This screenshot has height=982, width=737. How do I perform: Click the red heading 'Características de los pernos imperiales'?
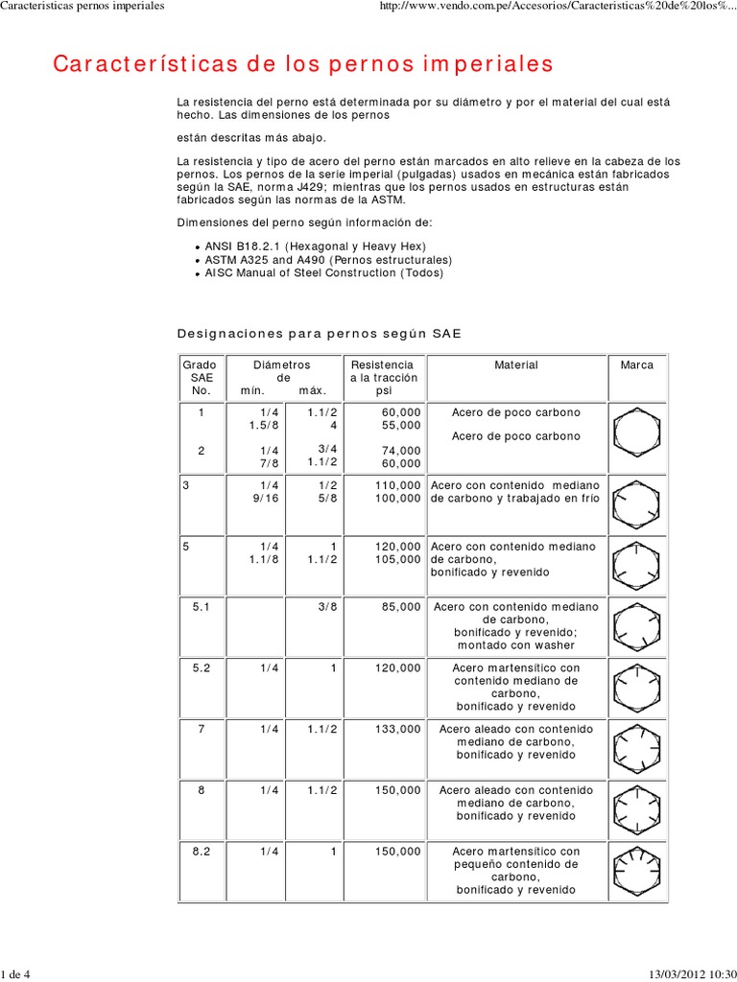pyautogui.click(x=303, y=64)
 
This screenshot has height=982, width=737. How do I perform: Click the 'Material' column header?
pyautogui.click(x=516, y=365)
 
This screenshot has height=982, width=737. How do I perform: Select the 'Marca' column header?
pyautogui.click(x=637, y=365)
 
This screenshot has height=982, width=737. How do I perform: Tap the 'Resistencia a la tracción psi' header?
pyautogui.click(x=382, y=378)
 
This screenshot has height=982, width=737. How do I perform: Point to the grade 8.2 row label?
pyautogui.click(x=202, y=852)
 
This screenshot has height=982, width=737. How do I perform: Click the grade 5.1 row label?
pyautogui.click(x=202, y=607)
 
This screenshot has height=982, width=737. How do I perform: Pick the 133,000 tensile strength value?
pyautogui.click(x=397, y=730)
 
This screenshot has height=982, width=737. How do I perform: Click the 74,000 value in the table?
pyautogui.click(x=401, y=450)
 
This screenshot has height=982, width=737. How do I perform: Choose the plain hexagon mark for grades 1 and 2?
pyautogui.click(x=636, y=432)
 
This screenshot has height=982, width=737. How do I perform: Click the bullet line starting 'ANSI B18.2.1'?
pyautogui.click(x=308, y=246)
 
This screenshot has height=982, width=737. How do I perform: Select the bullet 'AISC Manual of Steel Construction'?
pyautogui.click(x=324, y=273)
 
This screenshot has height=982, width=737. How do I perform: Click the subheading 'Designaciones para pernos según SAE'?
pyautogui.click(x=320, y=334)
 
